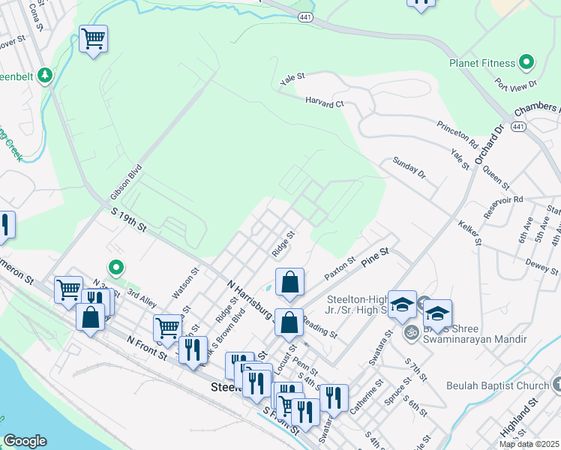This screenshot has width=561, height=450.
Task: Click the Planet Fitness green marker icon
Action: [526, 63]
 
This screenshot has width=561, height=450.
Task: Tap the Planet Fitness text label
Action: [481, 64]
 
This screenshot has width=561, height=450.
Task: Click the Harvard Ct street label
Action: [324, 102]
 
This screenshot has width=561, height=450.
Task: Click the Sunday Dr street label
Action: [409, 167]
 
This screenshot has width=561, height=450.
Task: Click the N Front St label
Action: [146, 348]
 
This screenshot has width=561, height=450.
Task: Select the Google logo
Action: [25, 440]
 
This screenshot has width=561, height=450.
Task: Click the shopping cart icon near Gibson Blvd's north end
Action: [93, 38]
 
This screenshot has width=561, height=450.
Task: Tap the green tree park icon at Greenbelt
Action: [46, 75]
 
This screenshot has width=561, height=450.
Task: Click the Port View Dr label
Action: [523, 85]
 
